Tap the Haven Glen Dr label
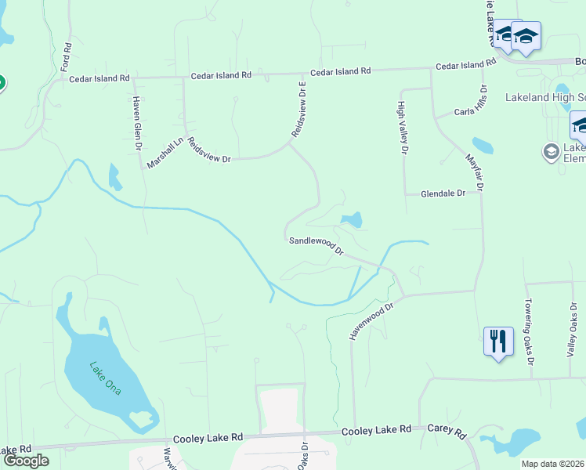(x=136, y=123)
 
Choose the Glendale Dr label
(x=443, y=193)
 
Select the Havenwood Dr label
(x=371, y=322)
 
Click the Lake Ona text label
(x=104, y=377)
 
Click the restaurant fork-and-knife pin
(x=498, y=342)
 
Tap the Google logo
(x=26, y=460)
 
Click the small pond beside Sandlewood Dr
(x=352, y=220)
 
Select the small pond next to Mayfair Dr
(x=483, y=146)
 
